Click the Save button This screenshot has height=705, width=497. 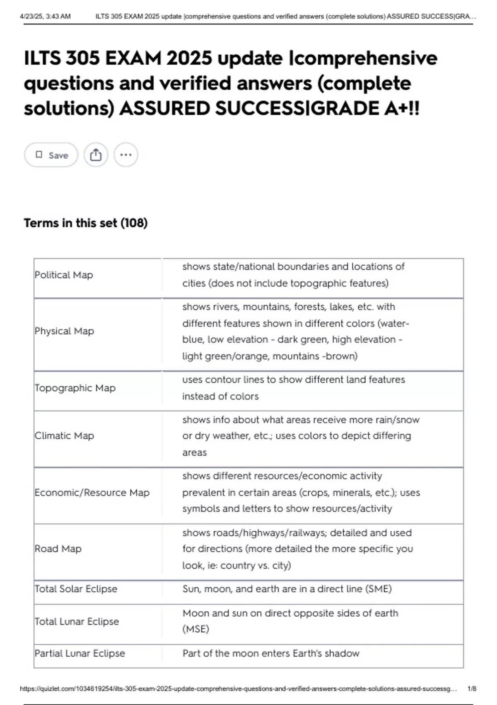click(51, 155)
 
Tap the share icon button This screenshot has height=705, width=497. click(96, 155)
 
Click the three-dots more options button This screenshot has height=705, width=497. click(125, 155)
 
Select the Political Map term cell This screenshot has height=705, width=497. click(64, 275)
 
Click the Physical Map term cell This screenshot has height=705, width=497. click(64, 331)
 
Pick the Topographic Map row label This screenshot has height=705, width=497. click(75, 388)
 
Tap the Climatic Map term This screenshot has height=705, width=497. click(64, 435)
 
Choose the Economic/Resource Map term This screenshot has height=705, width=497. click(92, 492)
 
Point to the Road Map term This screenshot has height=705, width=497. click(58, 549)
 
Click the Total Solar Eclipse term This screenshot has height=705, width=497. click(76, 589)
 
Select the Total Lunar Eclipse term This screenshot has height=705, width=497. click(77, 621)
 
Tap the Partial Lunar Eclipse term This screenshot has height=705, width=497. click(80, 653)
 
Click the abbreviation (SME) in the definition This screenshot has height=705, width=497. click(378, 589)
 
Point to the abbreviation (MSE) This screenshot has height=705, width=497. click(195, 629)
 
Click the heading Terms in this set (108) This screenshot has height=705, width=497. click(86, 223)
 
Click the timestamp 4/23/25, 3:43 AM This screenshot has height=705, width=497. click(45, 17)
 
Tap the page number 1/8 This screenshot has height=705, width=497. click(472, 689)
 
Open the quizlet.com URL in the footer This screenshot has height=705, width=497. click(238, 689)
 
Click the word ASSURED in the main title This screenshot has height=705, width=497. click(164, 109)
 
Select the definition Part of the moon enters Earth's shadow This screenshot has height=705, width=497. click(271, 653)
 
